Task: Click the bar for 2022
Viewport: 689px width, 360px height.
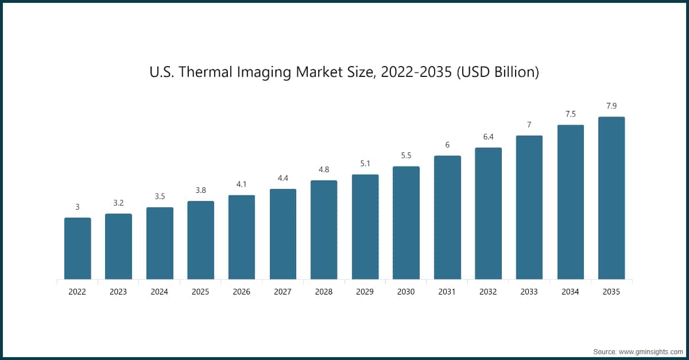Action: point(78,249)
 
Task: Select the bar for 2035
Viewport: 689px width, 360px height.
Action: point(611,198)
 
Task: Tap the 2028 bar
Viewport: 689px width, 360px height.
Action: point(324,230)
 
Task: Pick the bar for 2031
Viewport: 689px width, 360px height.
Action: point(447,218)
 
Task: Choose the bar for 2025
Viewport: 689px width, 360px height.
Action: point(200,240)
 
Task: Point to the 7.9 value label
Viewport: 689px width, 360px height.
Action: point(611,106)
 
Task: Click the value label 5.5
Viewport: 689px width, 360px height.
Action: point(406,155)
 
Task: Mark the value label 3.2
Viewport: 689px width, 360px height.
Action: point(118,203)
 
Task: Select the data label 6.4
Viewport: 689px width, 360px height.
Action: point(488,137)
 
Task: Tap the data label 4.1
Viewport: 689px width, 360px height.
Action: point(242,184)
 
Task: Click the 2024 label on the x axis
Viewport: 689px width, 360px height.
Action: point(159,292)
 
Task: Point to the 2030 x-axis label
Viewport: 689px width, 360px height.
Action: point(406,292)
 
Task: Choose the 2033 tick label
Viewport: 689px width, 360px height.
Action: point(529,292)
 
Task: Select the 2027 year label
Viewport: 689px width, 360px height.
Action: point(282,292)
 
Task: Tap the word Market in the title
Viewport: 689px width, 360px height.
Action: point(315,73)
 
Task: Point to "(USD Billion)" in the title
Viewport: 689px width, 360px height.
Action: point(498,73)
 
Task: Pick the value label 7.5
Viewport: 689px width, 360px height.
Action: point(570,114)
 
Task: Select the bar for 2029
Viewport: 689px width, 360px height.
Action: point(365,227)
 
